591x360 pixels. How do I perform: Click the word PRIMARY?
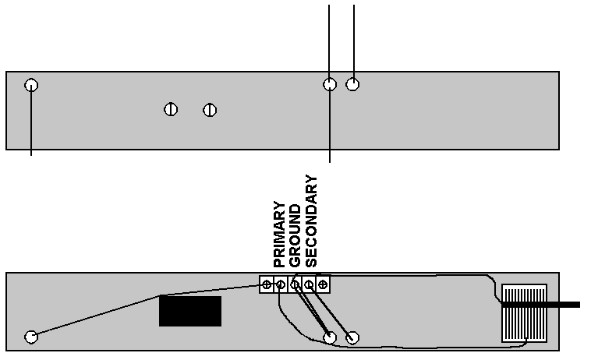(279, 235)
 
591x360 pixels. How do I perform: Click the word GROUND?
(295, 236)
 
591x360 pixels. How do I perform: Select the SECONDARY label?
(311, 221)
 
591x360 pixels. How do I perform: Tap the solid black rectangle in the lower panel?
(190, 311)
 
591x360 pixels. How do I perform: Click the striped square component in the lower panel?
(524, 313)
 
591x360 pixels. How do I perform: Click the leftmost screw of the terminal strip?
(267, 284)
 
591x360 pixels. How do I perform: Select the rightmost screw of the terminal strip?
(323, 284)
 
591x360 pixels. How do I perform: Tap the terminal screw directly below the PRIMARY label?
(281, 284)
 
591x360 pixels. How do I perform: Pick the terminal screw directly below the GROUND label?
(295, 284)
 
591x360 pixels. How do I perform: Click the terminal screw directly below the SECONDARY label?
(309, 284)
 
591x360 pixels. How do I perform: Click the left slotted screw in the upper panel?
(171, 109)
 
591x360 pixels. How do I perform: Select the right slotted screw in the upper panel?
(210, 110)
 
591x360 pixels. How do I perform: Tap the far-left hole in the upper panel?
(31, 85)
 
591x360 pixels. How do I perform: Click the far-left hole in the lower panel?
(31, 337)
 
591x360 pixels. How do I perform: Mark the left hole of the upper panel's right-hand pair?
(330, 84)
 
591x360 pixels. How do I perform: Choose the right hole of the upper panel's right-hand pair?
(352, 84)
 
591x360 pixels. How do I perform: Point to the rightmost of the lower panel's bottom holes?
(352, 337)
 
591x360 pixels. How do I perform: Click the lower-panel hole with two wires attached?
(330, 337)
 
